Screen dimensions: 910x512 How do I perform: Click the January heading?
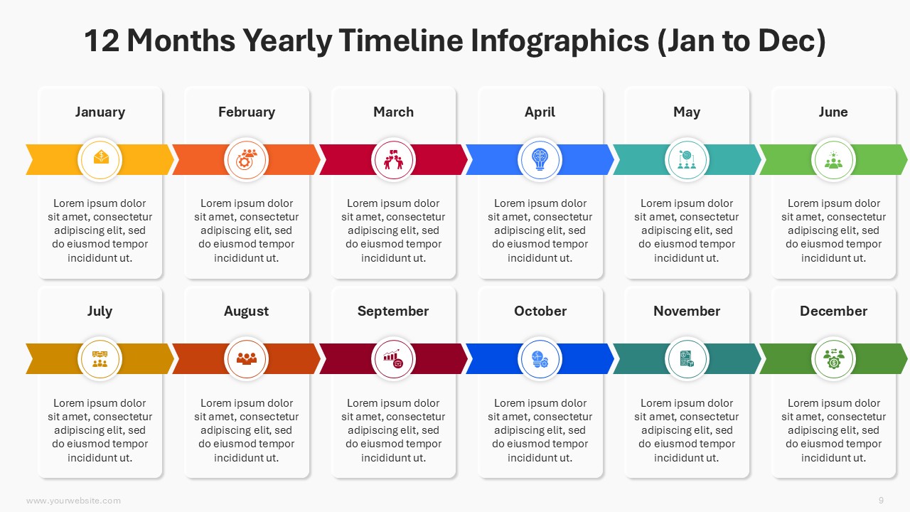[x=100, y=112]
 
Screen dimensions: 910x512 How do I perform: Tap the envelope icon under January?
[x=101, y=157]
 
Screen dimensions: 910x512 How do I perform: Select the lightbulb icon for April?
[x=540, y=159]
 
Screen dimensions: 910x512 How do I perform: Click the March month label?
[x=393, y=112]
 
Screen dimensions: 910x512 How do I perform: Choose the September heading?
[x=393, y=311]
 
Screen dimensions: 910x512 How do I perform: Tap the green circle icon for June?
[x=834, y=160]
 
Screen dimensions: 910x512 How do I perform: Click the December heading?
[x=834, y=311]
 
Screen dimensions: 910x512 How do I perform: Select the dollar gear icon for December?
[x=834, y=359]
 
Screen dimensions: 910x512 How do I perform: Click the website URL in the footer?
[x=73, y=501]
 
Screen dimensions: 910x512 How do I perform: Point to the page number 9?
[x=881, y=500]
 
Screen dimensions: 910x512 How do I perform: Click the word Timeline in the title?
[x=400, y=41]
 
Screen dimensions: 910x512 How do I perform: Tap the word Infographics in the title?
[x=560, y=41]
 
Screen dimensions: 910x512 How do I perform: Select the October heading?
[x=540, y=311]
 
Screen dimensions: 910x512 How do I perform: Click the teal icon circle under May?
[x=687, y=160]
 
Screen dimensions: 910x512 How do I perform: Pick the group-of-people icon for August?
[x=246, y=358]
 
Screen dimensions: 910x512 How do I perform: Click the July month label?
[x=100, y=311]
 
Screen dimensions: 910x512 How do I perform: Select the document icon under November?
[x=687, y=359]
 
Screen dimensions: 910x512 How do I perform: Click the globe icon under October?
[x=540, y=359]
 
